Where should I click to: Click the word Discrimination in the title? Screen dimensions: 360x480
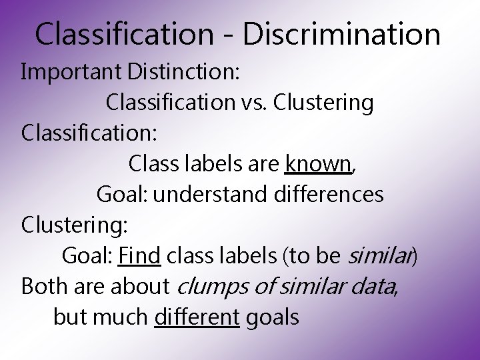341,34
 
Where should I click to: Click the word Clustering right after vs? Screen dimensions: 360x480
323,103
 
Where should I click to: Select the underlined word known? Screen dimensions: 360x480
318,163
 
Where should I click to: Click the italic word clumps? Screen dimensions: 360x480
211,287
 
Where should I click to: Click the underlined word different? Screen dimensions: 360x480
196,317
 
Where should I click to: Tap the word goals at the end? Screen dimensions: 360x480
273,318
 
